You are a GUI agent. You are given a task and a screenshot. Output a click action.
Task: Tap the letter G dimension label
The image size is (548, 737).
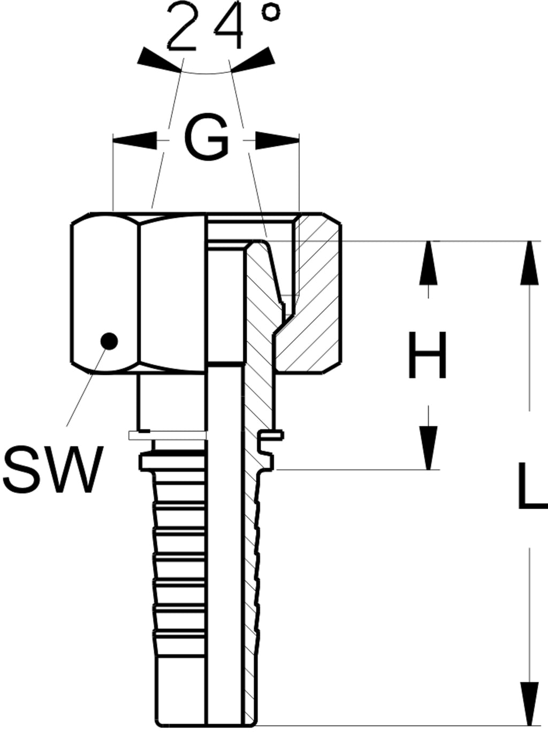click(206, 136)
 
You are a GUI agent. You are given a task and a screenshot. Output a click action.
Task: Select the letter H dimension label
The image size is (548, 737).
click(427, 355)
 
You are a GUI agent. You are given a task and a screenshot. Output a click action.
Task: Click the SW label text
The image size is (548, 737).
click(53, 470)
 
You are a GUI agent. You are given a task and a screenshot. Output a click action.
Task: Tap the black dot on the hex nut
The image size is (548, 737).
click(109, 341)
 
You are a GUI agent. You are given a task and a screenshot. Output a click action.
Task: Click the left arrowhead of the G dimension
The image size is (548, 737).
click(135, 140)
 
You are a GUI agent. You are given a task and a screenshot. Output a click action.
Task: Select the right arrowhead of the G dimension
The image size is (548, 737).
click(277, 140)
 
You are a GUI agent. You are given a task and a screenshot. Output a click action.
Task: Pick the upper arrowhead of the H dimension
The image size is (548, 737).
click(428, 263)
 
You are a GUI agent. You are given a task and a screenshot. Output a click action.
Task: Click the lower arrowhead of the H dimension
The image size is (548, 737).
click(428, 448)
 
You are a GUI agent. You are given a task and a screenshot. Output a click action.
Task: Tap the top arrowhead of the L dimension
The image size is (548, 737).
click(529, 263)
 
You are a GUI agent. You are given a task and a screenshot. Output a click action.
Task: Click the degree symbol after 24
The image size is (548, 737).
click(271, 12)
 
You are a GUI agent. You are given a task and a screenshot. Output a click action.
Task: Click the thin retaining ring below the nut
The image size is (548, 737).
click(168, 435)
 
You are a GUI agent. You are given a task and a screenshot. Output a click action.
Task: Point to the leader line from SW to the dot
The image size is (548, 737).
click(87, 387)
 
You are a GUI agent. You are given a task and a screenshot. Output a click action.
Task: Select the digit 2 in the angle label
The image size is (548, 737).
click(181, 27)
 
